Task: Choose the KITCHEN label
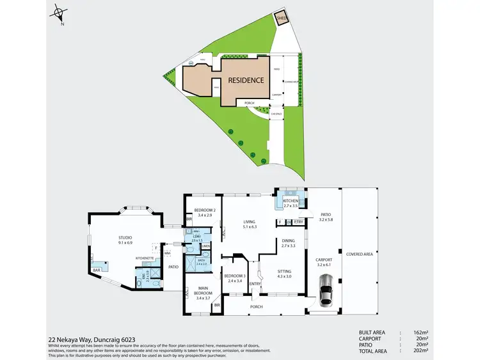pos(291,201)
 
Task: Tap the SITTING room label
pos(284,272)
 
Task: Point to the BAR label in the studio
pos(96,270)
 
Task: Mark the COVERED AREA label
pos(358,254)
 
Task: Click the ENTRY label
pos(255,284)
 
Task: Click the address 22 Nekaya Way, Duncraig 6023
pos(92,340)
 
